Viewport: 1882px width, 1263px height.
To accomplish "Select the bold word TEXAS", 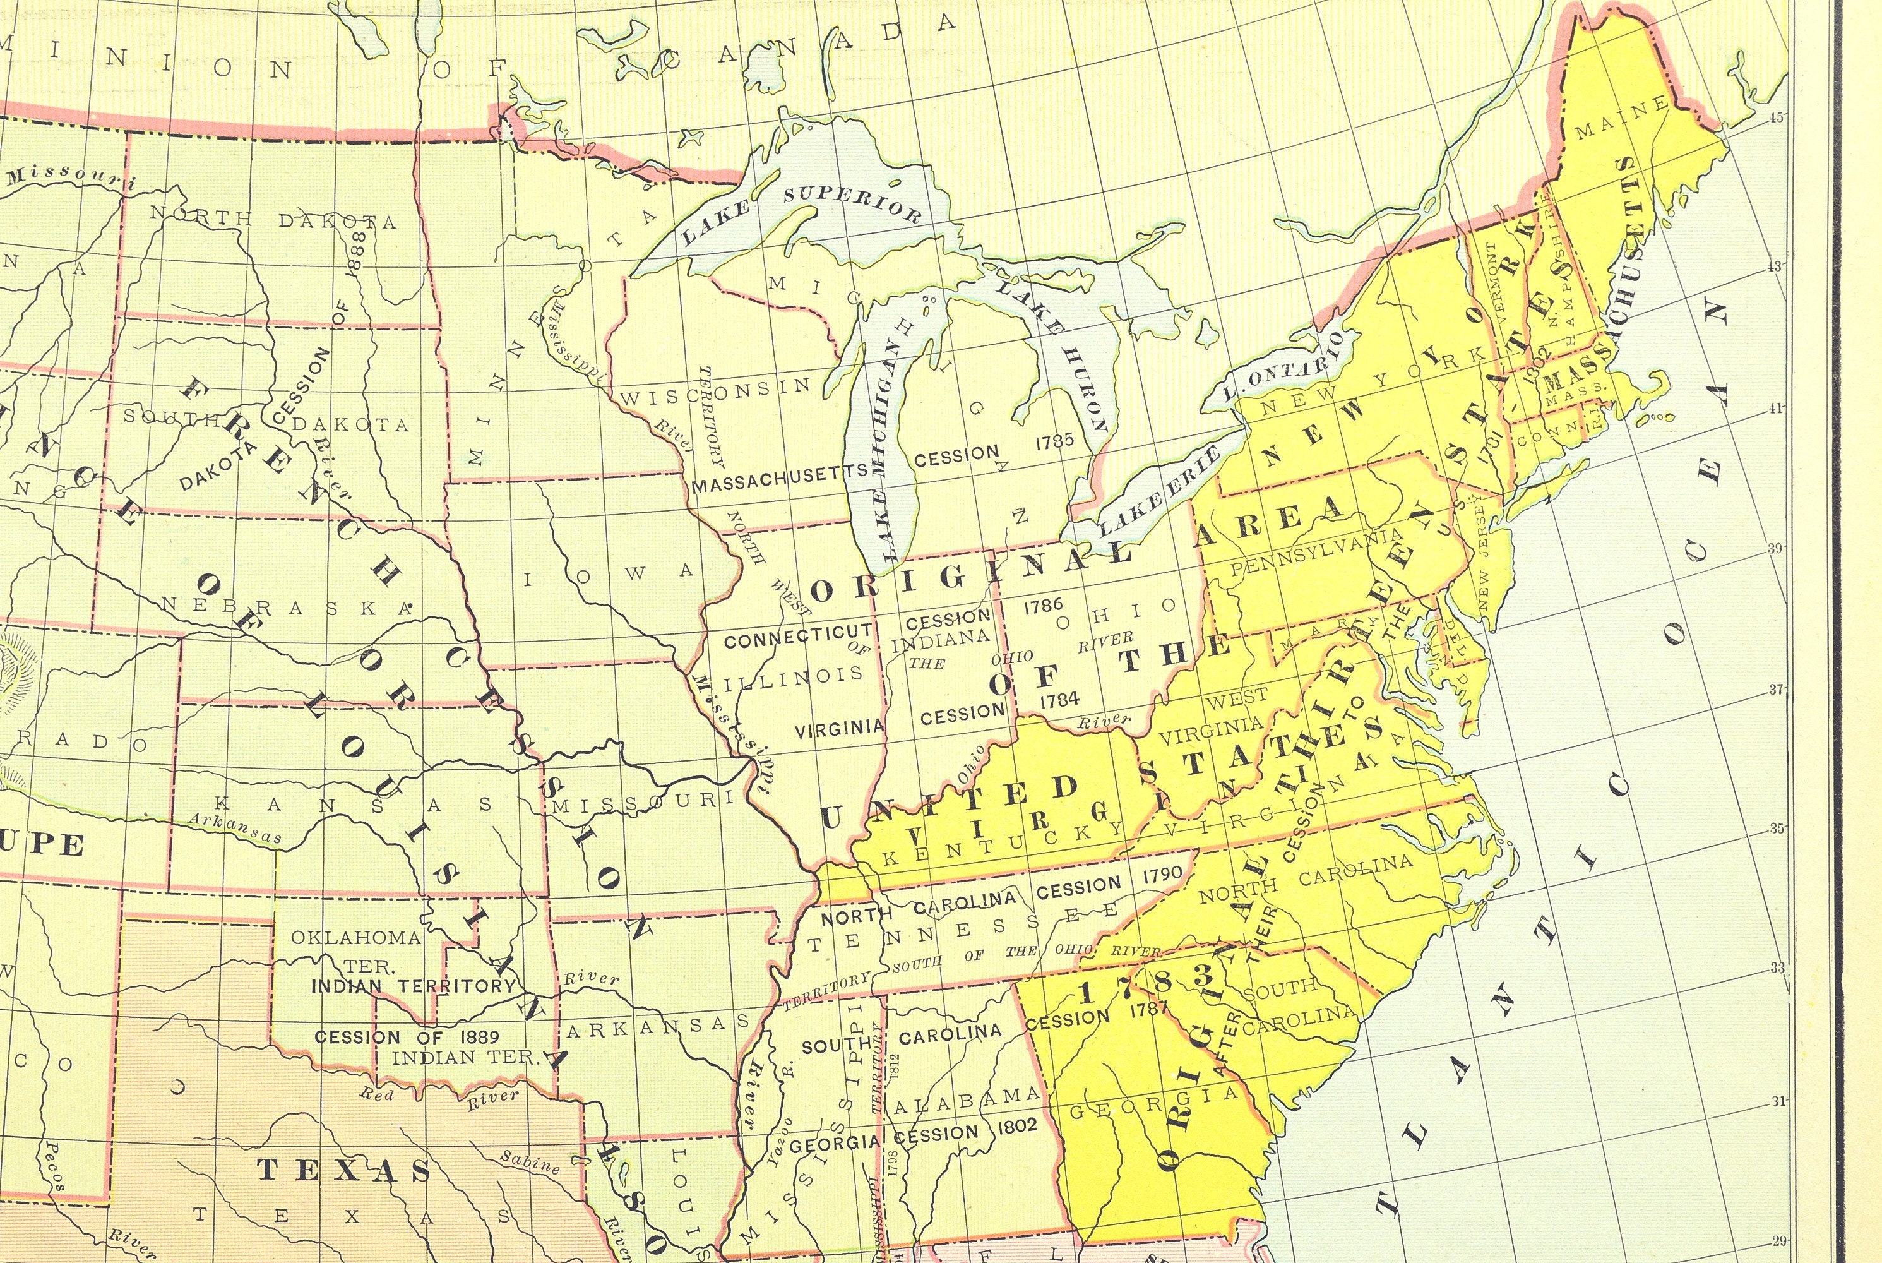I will pyautogui.click(x=344, y=1170).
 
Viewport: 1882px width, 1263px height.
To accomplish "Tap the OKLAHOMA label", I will pyautogui.click(x=355, y=938).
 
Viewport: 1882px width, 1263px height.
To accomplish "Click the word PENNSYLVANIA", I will pyautogui.click(x=1316, y=554).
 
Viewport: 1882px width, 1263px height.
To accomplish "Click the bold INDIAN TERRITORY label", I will pyautogui.click(x=412, y=985).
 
